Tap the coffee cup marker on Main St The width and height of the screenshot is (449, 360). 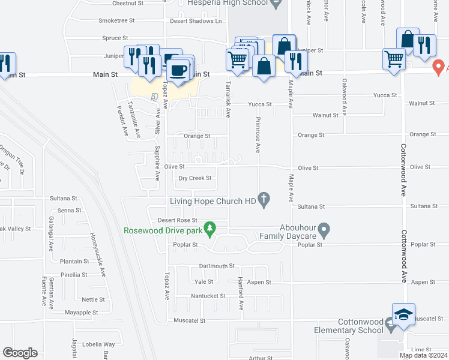click(178, 70)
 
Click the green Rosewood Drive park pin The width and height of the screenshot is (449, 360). click(209, 228)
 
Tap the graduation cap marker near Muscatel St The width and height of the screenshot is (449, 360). click(403, 315)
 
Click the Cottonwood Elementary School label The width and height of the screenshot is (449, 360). click(349, 326)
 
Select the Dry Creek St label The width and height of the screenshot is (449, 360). click(195, 178)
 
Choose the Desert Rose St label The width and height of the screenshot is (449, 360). click(173, 220)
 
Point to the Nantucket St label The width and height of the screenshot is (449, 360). click(207, 296)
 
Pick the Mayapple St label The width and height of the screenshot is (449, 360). click(81, 312)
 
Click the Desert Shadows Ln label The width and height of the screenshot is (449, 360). click(196, 20)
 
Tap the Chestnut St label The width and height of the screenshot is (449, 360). click(128, 3)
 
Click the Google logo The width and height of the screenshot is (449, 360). click(20, 352)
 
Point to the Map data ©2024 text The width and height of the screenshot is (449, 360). click(423, 355)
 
